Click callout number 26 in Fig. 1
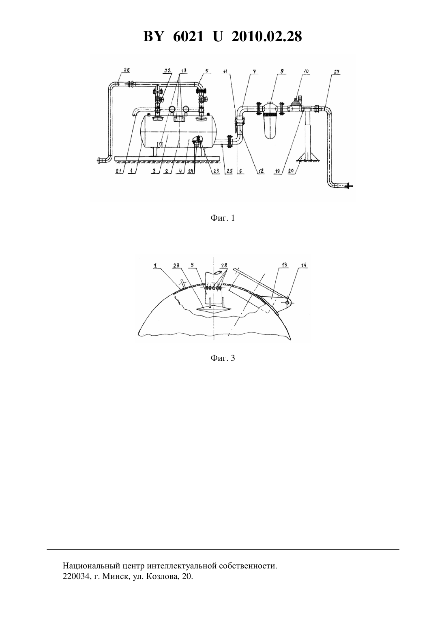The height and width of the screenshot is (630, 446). pos(127,70)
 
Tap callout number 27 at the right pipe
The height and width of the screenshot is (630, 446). pos(337,72)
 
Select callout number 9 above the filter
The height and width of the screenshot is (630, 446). pos(281,71)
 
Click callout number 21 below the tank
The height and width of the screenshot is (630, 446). pos(119,171)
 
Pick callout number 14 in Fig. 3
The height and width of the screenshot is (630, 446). pos(304,265)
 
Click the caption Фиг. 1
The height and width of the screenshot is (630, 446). pos(223,218)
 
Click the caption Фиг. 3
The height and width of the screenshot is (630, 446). pos(223,358)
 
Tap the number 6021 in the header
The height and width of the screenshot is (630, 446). pos(188,36)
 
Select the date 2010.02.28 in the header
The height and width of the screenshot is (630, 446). pos(267,36)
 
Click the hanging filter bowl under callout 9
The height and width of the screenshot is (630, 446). pos(271,126)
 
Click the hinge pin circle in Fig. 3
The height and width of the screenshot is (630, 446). pos(287,302)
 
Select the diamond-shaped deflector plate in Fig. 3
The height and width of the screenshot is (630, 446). pos(214,309)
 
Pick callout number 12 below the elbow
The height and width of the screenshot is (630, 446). pos(261,171)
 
